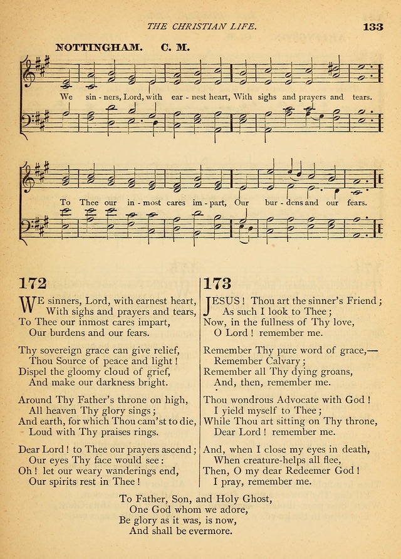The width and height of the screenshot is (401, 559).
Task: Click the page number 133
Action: click(x=372, y=27)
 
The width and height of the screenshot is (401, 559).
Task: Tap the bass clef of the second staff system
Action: click(x=28, y=223)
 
